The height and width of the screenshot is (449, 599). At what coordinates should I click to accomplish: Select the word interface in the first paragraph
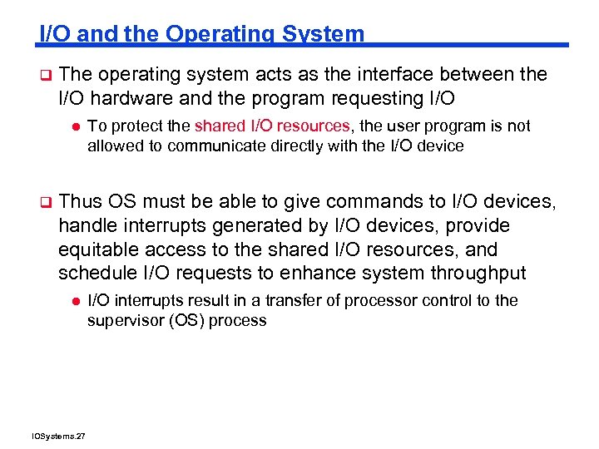pos(387,75)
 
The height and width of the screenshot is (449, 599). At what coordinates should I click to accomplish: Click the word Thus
pos(81,202)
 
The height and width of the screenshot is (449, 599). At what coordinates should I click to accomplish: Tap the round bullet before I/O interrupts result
pos(74,301)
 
